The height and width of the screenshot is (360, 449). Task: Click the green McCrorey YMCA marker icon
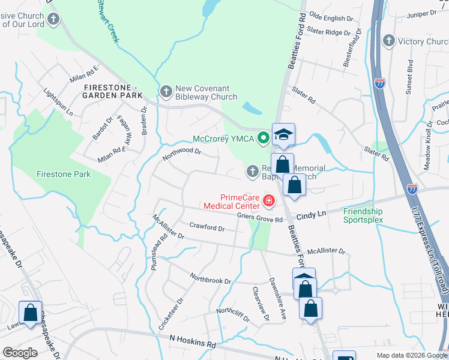coord(262,139)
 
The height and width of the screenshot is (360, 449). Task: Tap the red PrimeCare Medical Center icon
coord(268,201)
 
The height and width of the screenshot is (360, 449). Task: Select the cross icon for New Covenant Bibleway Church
coord(166,91)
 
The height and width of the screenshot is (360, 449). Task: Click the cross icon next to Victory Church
coord(389,41)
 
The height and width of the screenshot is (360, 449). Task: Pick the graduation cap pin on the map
coord(284,134)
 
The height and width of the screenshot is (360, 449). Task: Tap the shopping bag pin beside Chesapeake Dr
coord(30,312)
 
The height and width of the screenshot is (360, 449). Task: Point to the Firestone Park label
coord(63,174)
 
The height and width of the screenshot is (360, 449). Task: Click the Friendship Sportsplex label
coord(363,215)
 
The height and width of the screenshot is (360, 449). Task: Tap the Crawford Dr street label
coord(206,228)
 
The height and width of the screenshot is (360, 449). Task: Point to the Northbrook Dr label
coord(210,280)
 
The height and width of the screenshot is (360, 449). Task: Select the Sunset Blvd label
coord(411,74)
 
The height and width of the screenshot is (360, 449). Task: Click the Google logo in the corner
coord(20,353)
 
